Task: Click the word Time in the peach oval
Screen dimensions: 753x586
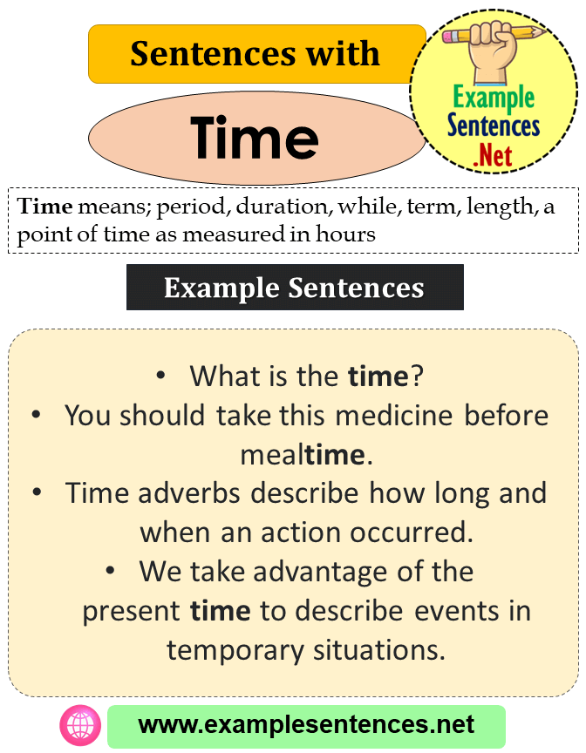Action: pyautogui.click(x=255, y=138)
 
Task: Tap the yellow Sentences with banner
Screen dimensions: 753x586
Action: pyautogui.click(x=256, y=54)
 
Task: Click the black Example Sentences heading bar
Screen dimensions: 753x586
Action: pyautogui.click(x=295, y=288)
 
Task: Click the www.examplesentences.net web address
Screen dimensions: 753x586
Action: pyautogui.click(x=306, y=725)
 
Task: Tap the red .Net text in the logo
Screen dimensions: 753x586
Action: pyautogui.click(x=493, y=156)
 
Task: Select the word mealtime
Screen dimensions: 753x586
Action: pyautogui.click(x=301, y=453)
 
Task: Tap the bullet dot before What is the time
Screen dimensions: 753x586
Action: pyautogui.click(x=160, y=376)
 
